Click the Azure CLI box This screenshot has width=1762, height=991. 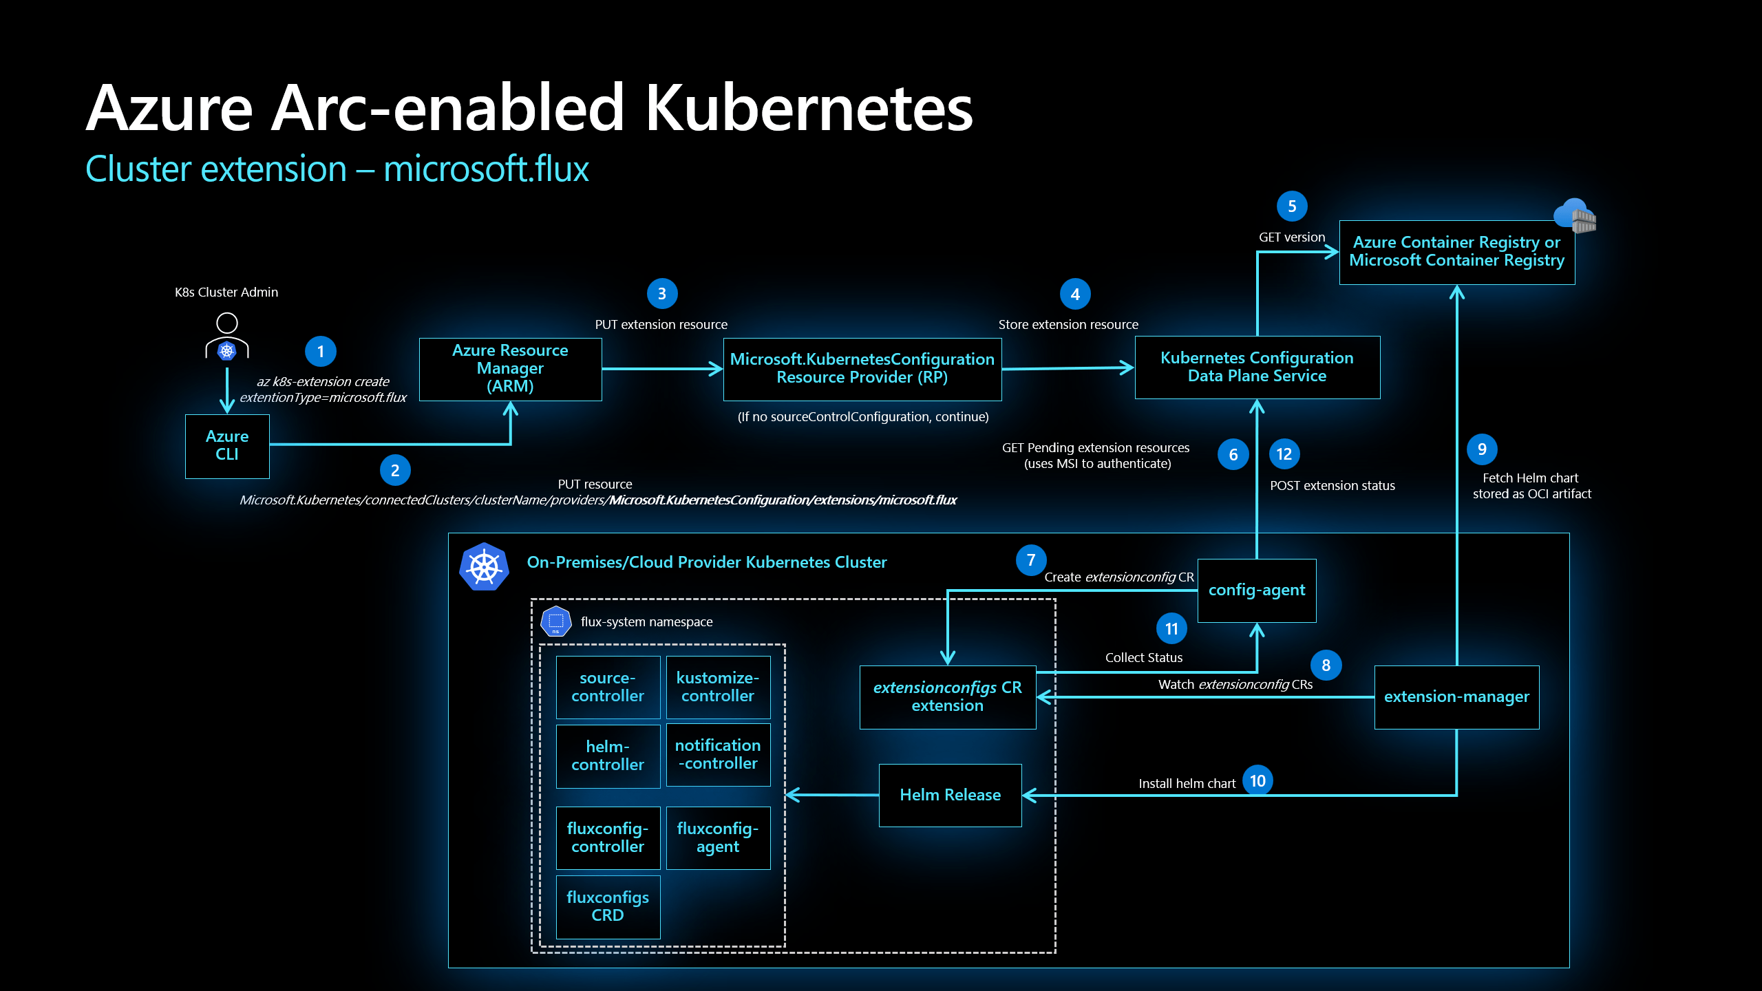(227, 446)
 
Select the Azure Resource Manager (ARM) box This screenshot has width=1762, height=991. (510, 368)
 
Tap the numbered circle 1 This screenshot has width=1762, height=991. (320, 352)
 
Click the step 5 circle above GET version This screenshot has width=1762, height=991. (1292, 206)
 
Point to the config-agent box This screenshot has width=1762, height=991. (1257, 590)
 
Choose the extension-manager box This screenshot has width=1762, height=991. (1456, 697)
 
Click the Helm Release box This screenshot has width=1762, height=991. (950, 796)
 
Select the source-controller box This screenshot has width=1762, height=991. (608, 687)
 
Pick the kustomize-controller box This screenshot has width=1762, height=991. (718, 687)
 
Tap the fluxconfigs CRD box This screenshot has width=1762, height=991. (608, 906)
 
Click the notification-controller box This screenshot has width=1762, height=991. (718, 755)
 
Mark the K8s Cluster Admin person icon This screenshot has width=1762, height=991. (227, 337)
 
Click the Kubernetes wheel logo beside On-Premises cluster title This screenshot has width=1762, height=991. (485, 567)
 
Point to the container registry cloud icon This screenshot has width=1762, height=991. (1575, 215)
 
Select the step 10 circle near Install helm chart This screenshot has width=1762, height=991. (1257, 781)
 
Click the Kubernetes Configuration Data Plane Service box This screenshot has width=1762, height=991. (1257, 367)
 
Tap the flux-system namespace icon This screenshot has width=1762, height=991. (556, 621)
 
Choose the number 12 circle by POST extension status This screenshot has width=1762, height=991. (1284, 454)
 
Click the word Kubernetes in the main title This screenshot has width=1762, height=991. (809, 108)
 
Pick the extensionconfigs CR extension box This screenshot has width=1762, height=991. (948, 697)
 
